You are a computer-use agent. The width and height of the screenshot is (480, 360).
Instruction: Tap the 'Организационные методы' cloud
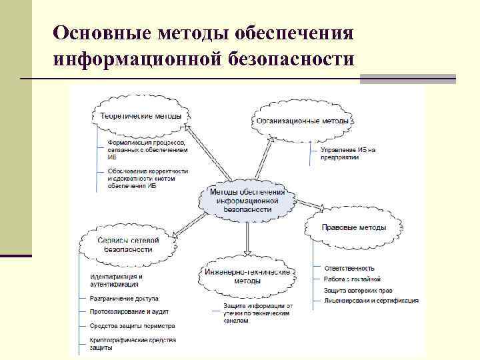(x=303, y=121)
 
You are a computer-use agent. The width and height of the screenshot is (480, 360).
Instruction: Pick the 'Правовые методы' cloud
(x=353, y=227)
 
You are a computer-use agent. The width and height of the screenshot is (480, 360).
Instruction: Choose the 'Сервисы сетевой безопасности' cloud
(x=127, y=244)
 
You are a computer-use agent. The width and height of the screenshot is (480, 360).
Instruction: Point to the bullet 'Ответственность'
(x=349, y=268)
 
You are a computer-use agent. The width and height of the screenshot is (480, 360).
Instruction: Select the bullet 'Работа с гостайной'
(x=351, y=279)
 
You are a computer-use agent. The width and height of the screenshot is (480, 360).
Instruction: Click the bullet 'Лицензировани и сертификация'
(x=371, y=301)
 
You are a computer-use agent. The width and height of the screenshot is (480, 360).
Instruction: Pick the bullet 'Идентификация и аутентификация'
(x=116, y=280)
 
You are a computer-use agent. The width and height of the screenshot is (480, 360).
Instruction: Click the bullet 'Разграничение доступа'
(x=124, y=298)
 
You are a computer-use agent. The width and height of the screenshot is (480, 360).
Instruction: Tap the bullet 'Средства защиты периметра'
(x=132, y=326)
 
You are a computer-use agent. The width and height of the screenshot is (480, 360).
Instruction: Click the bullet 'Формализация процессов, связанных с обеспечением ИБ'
(x=147, y=151)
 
